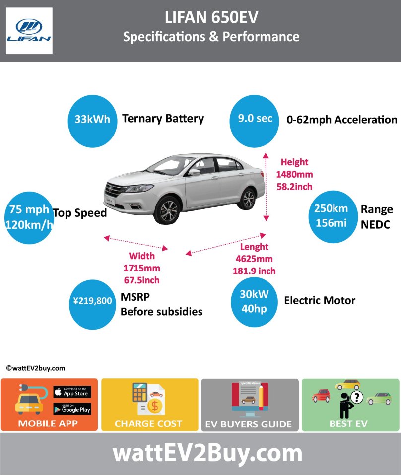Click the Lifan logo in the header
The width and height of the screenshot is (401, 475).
tap(29, 31)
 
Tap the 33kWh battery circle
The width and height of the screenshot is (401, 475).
tap(92, 120)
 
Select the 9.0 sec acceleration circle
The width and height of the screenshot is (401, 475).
tap(254, 120)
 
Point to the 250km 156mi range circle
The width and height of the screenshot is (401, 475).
tap(334, 216)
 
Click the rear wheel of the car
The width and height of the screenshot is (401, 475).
tap(247, 198)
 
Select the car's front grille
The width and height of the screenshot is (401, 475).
tap(117, 190)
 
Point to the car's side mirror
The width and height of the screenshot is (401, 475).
tap(195, 172)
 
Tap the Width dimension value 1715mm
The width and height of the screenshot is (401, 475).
tap(142, 268)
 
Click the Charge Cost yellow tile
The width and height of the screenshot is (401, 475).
tap(149, 405)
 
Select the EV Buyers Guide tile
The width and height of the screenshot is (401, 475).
tap(249, 405)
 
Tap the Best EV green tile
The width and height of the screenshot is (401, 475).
tap(350, 405)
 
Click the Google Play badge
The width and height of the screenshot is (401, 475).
tap(72, 409)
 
